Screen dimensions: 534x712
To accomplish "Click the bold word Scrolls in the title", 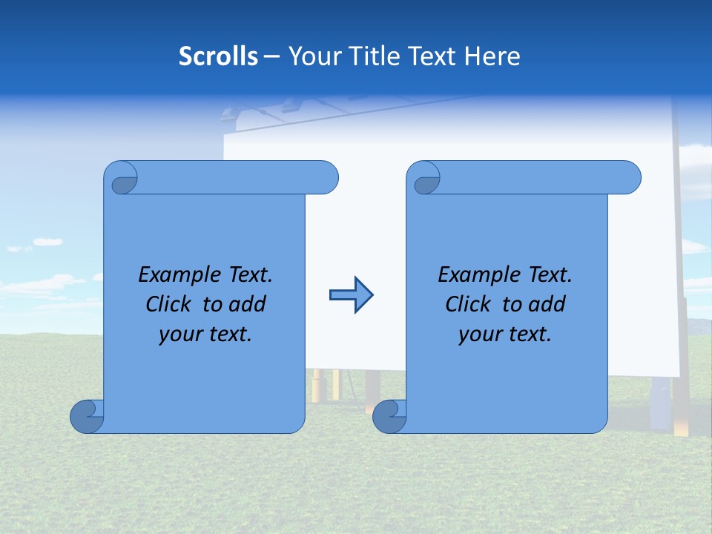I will pos(218,56).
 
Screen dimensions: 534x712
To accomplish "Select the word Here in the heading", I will pos(492,56).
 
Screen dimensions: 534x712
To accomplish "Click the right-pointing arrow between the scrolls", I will pos(351,295).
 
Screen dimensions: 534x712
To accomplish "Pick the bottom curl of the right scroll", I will pos(389,416).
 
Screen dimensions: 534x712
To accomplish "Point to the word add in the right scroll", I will pos(548,304).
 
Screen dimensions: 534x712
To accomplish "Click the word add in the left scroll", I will pos(248,304).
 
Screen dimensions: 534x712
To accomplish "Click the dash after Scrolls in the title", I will pos(271,56).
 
